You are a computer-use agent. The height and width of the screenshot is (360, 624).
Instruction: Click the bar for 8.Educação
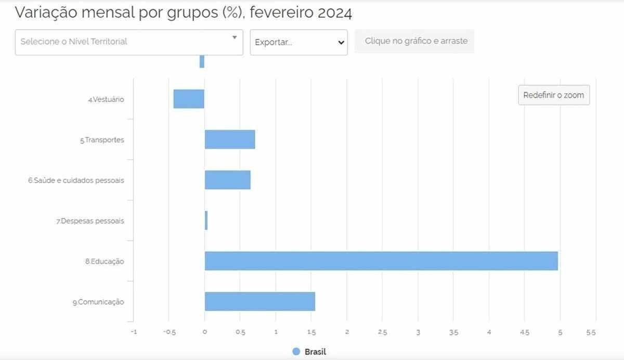click(381, 261)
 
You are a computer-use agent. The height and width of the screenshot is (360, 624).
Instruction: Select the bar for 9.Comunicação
click(259, 301)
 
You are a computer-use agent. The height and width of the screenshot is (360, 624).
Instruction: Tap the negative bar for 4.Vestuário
click(189, 99)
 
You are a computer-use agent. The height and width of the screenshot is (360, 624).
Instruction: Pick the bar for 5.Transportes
click(230, 139)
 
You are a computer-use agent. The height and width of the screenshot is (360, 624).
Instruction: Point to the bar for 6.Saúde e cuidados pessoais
click(227, 180)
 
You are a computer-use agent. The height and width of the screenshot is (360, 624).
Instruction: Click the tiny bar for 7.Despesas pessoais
click(206, 221)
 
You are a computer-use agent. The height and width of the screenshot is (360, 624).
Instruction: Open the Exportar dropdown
click(298, 42)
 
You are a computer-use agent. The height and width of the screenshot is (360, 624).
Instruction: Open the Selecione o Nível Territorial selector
click(128, 42)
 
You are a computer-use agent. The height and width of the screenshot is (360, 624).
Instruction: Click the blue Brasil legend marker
click(296, 351)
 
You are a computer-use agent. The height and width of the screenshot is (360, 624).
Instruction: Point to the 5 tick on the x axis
click(560, 332)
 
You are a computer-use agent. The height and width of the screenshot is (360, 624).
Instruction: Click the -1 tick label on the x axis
click(133, 332)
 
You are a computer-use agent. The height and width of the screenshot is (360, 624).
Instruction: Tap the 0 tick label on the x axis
click(204, 332)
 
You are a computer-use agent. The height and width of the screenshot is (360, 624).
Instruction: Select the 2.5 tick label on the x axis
click(382, 332)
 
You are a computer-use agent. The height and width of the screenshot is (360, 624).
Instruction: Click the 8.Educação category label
click(105, 262)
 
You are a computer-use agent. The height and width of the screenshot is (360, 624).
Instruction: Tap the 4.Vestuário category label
click(106, 99)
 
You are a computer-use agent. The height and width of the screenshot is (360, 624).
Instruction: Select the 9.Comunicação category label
click(98, 302)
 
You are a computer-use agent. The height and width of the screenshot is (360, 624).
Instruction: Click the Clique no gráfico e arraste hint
click(415, 41)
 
